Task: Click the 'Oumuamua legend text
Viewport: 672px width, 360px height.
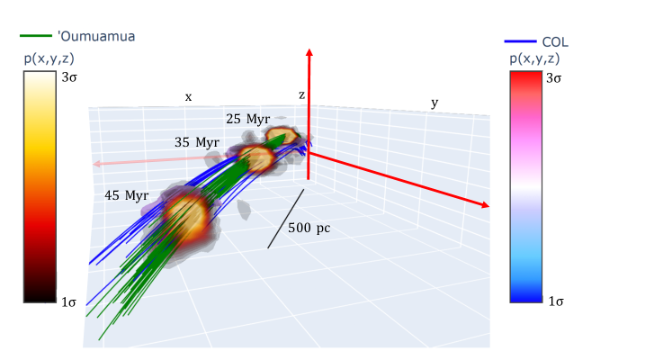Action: [x=96, y=36]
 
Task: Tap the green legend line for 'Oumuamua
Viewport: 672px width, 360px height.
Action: [x=36, y=36]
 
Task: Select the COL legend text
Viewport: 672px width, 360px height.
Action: [x=555, y=42]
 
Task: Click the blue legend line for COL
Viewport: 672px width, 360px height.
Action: [x=520, y=41]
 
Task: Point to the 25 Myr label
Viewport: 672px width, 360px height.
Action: [x=248, y=119]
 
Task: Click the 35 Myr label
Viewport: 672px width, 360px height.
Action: [x=197, y=142]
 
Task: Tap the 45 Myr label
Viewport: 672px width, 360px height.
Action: [x=127, y=195]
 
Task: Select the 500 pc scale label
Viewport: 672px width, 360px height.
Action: [x=309, y=228]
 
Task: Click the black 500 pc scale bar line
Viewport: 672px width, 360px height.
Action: [x=286, y=219]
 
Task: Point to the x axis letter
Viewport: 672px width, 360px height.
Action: [x=188, y=97]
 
